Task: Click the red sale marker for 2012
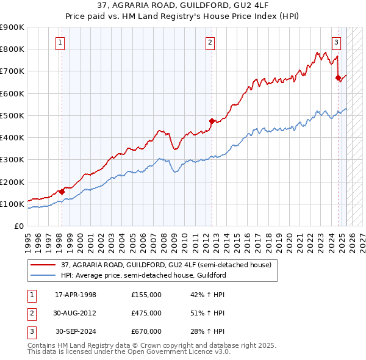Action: (x=212, y=121)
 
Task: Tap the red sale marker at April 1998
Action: (x=62, y=192)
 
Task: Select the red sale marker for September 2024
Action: (x=337, y=77)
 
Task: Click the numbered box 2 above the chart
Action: (x=210, y=43)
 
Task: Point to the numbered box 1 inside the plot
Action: (x=60, y=43)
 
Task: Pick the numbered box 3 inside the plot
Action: (x=336, y=43)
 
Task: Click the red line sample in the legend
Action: (x=42, y=264)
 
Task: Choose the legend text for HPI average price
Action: (x=143, y=275)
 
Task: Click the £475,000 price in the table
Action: (x=146, y=313)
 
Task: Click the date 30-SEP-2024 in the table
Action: (x=76, y=331)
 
